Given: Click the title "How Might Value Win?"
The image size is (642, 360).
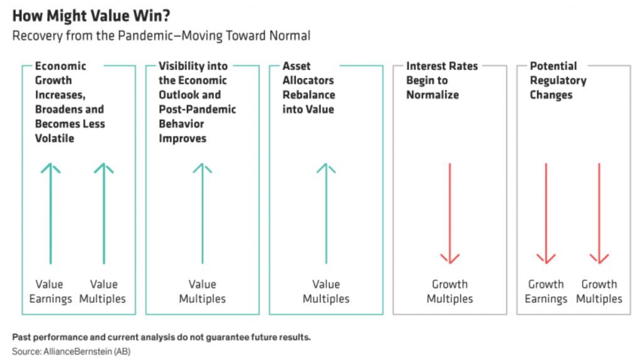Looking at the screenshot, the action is click(x=92, y=16).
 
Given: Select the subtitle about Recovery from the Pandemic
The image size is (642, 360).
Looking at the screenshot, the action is click(x=161, y=36).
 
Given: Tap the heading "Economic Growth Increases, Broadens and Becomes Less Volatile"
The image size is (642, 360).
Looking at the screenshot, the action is click(x=70, y=102).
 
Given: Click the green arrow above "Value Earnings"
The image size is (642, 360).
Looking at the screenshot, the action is click(x=51, y=213).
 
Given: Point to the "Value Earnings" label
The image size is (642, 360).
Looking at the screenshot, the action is click(x=50, y=291).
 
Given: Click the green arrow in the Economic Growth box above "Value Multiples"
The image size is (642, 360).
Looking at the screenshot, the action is click(x=104, y=213).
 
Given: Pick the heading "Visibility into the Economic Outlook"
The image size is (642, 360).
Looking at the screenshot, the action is click(x=197, y=102).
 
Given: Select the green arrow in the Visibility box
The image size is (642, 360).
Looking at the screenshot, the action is click(x=203, y=213).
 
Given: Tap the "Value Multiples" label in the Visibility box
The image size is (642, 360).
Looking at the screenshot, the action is click(x=203, y=291).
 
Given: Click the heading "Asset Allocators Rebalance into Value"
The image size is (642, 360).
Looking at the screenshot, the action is click(x=308, y=88).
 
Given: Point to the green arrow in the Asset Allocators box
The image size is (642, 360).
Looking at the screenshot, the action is click(x=326, y=213).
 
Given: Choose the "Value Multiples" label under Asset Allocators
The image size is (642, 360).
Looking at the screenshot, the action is click(x=326, y=291).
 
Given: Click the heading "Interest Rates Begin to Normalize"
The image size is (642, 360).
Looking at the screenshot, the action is click(x=442, y=80).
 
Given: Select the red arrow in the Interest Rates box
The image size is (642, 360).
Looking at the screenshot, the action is click(x=450, y=213).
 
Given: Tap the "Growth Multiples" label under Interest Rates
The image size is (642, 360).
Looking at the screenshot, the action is click(x=450, y=291).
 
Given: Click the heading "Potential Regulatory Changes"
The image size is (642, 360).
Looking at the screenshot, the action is click(x=558, y=80).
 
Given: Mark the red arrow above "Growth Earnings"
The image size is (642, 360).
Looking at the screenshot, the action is click(x=546, y=213).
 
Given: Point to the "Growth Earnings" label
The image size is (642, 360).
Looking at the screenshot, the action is click(x=546, y=291).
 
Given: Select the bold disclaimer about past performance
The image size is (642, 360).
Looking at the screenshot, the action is click(x=161, y=337).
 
